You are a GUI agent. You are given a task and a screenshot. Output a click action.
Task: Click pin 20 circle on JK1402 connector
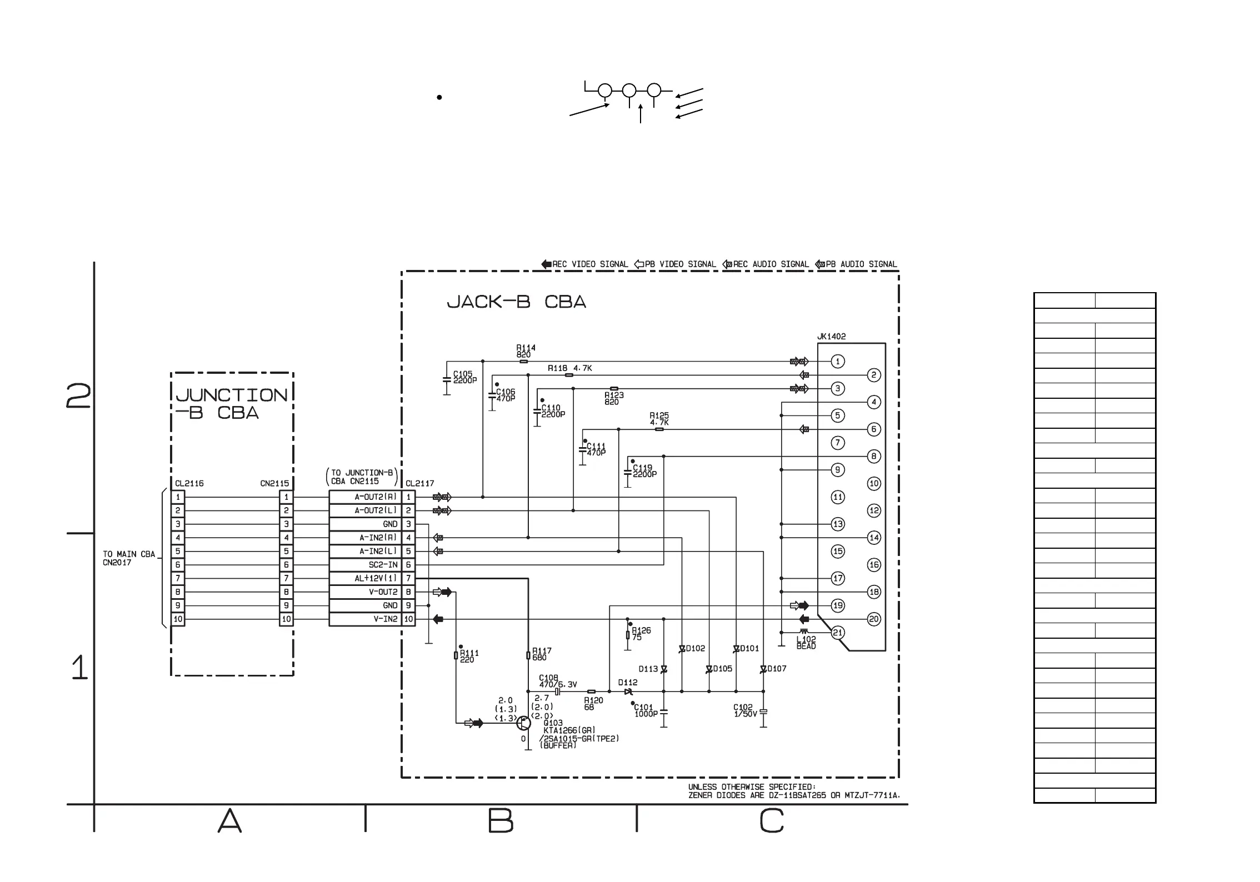click(874, 619)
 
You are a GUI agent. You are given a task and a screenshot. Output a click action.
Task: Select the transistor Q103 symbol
click(523, 723)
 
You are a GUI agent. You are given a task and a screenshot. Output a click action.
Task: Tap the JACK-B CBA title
click(516, 302)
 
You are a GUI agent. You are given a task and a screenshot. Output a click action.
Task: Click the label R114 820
click(526, 351)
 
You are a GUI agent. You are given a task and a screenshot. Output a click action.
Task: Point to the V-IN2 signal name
click(386, 619)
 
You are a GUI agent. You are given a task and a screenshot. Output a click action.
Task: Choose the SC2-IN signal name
click(383, 565)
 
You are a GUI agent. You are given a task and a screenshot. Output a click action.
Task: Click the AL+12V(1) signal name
click(376, 578)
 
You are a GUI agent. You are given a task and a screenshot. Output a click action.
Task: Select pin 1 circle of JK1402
click(838, 362)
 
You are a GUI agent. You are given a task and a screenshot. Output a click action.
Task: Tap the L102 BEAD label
click(806, 643)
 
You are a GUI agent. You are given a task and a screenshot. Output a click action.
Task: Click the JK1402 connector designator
click(831, 337)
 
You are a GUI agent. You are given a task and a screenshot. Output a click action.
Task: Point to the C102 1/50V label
click(744, 710)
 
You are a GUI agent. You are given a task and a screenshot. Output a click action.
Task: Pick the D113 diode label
click(648, 669)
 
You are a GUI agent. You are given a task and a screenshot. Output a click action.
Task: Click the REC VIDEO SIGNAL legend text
click(590, 264)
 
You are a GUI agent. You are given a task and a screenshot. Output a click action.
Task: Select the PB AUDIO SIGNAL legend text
click(861, 264)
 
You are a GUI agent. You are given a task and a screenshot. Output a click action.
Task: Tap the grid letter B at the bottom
click(501, 821)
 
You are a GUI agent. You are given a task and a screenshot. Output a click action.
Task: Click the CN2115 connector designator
click(274, 483)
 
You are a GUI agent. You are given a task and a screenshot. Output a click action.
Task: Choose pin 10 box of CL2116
click(178, 619)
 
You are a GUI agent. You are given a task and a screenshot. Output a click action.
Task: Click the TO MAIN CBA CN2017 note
click(128, 558)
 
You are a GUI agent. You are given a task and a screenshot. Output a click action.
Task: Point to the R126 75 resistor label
click(641, 634)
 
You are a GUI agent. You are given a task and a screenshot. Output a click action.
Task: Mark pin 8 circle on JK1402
click(874, 457)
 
